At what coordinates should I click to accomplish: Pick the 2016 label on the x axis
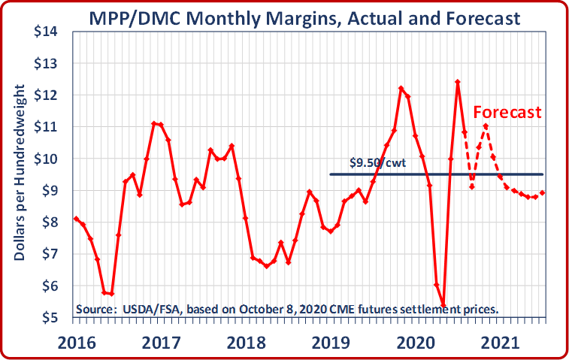pyautogui.click(x=77, y=343)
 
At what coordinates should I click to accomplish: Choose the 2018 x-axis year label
pyautogui.click(x=247, y=343)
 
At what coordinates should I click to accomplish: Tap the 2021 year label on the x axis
pyautogui.click(x=501, y=343)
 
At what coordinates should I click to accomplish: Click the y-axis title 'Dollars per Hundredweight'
pyautogui.click(x=20, y=173)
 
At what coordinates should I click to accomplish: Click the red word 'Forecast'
pyautogui.click(x=507, y=112)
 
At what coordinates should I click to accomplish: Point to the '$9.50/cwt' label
pyautogui.click(x=378, y=162)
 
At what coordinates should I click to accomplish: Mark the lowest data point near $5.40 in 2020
pyautogui.click(x=443, y=305)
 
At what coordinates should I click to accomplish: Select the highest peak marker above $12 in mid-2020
pyautogui.click(x=458, y=82)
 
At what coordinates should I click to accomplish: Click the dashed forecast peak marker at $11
pyautogui.click(x=486, y=126)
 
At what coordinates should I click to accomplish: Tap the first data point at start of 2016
pyautogui.click(x=76, y=219)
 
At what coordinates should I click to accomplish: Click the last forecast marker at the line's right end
pyautogui.click(x=543, y=192)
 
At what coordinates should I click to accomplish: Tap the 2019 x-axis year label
pyautogui.click(x=331, y=343)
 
